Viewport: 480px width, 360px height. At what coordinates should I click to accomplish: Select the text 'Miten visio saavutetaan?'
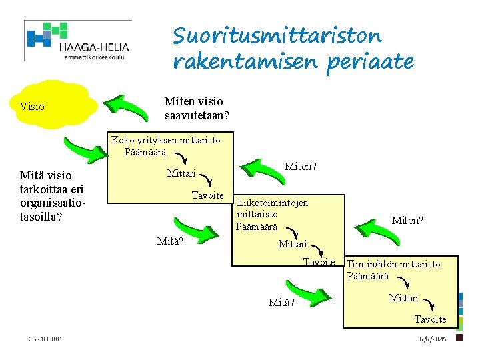coord(197,109)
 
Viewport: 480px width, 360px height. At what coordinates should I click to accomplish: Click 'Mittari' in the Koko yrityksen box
coord(181,174)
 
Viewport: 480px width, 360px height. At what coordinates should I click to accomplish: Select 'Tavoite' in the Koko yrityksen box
coord(207,195)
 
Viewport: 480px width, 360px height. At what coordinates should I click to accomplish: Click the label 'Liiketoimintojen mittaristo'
coord(272,208)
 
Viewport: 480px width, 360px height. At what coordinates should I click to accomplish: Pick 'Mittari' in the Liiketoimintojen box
coord(293,244)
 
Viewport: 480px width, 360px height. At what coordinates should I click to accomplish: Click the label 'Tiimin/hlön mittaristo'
coord(393,264)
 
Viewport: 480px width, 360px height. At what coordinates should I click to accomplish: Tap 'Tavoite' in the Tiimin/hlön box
coord(430,319)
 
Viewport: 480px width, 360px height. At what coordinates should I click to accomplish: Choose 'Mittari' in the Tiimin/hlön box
coord(404,298)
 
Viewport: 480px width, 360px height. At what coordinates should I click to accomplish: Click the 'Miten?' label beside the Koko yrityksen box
coord(300,166)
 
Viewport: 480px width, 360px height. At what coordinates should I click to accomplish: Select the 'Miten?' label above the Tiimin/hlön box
coord(407,221)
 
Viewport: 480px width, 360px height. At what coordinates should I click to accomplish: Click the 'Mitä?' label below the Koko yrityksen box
coord(169,241)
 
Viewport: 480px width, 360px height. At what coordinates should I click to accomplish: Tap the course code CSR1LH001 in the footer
coord(46,339)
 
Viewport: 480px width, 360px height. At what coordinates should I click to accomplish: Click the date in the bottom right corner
coord(432,339)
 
